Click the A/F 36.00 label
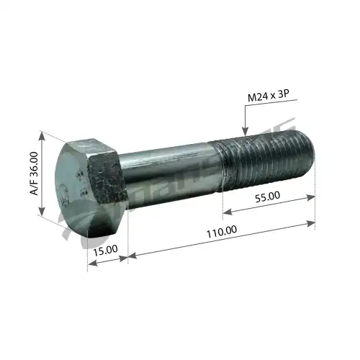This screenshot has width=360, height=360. point(33,174)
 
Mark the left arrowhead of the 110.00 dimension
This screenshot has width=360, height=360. point(132,254)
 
